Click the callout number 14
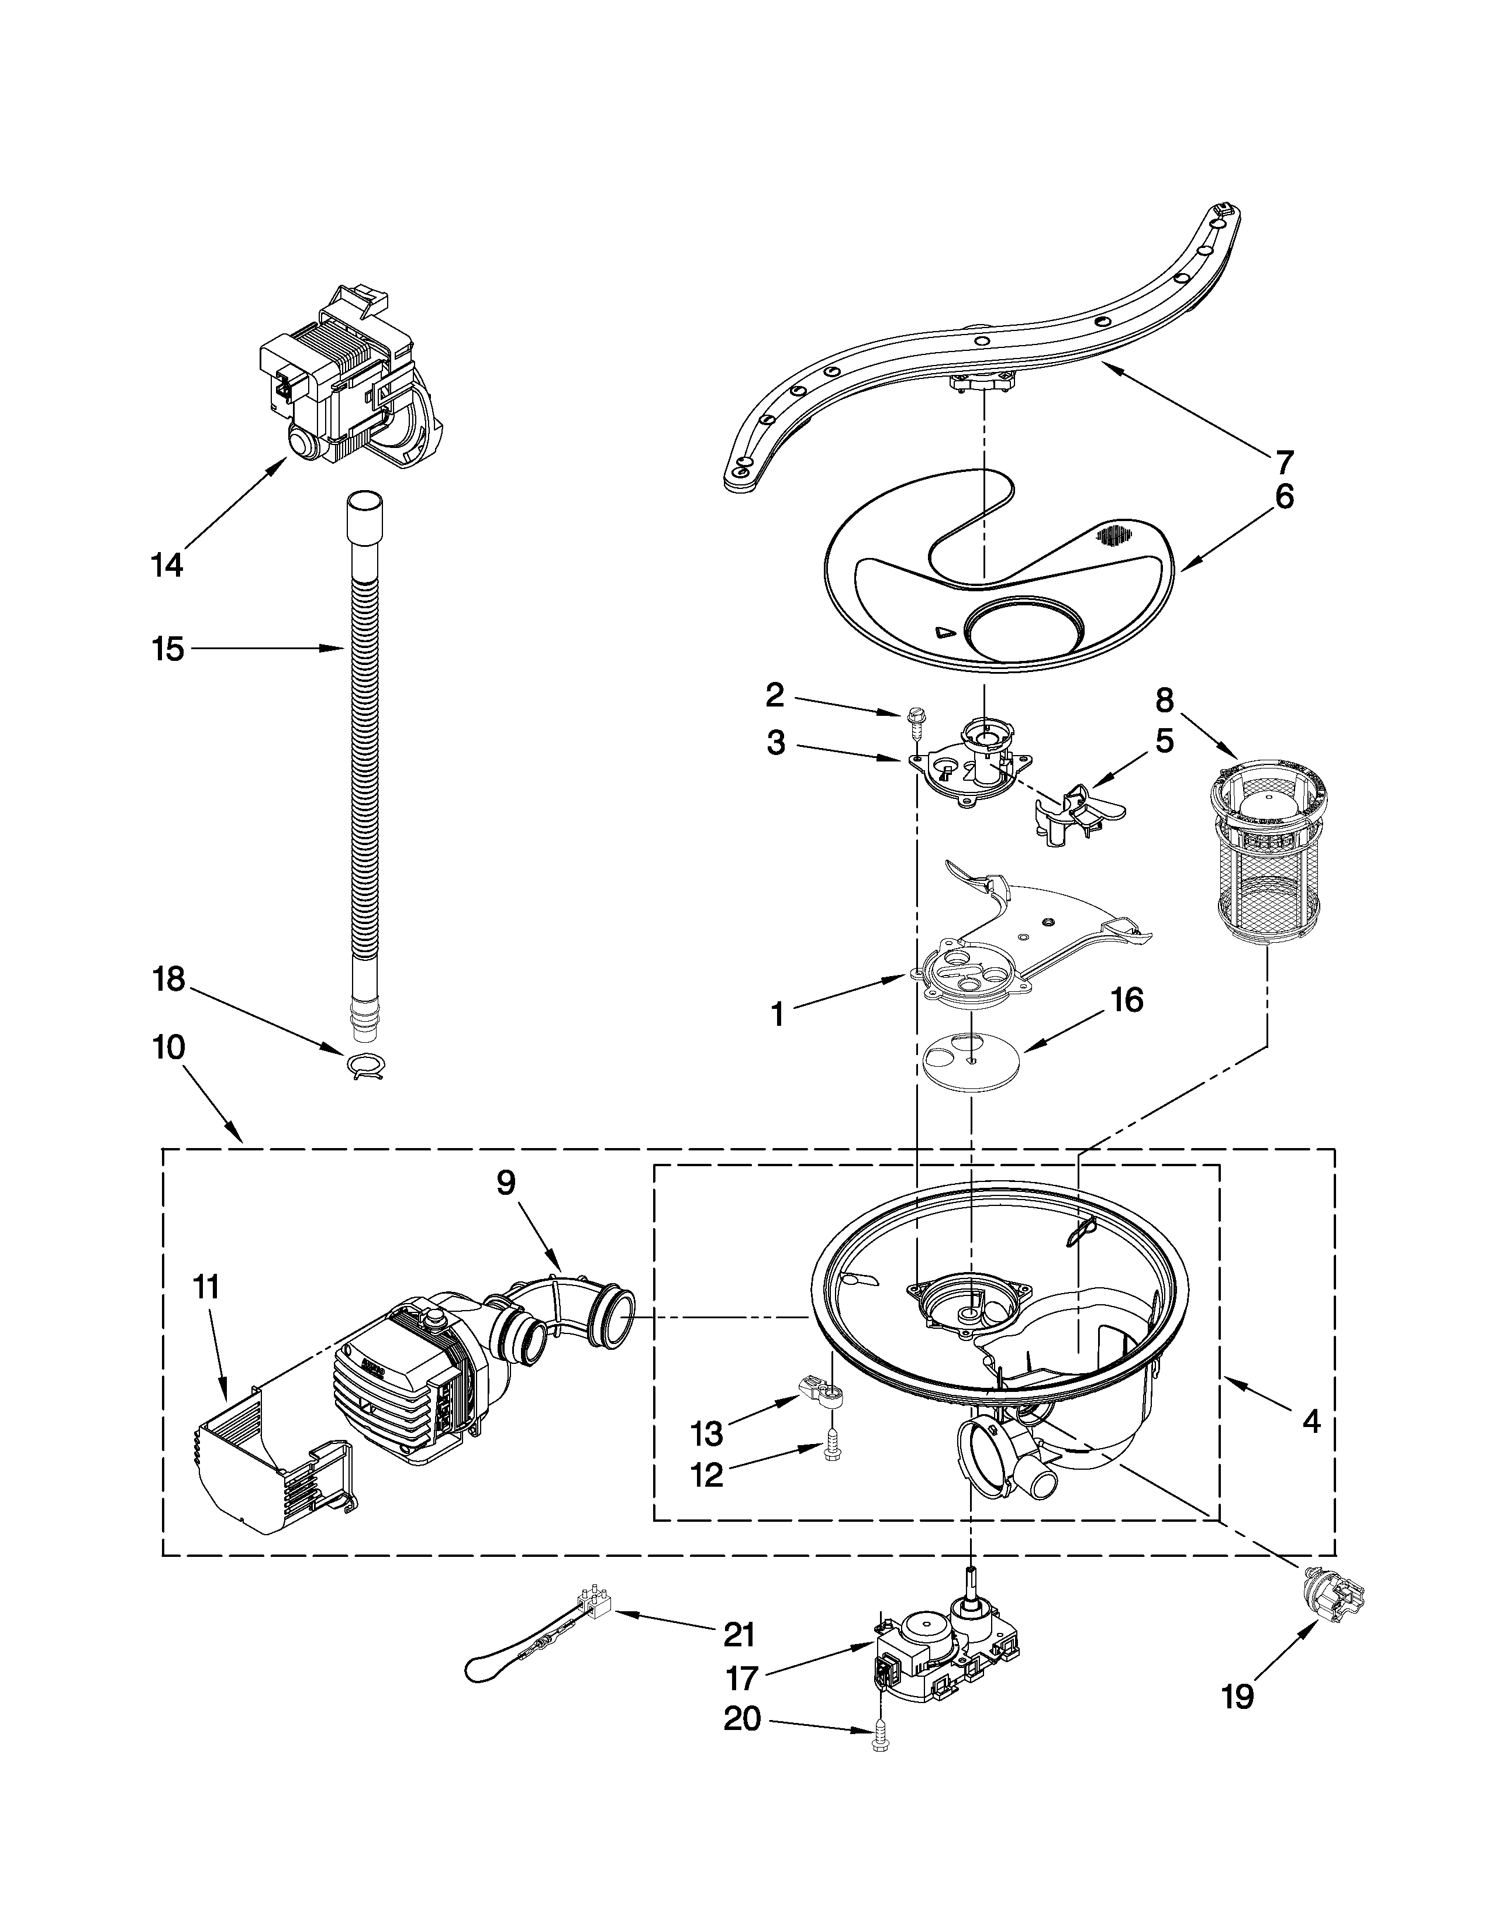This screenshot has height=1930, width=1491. pos(167,564)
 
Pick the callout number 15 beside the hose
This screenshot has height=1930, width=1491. pos(167,649)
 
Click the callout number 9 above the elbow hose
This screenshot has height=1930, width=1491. pos(505,1183)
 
